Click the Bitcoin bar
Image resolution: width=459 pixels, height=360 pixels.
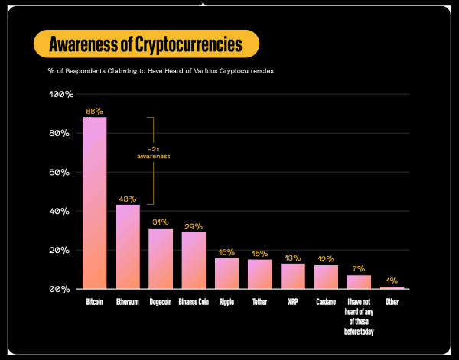94,203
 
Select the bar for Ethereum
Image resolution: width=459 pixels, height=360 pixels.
128,247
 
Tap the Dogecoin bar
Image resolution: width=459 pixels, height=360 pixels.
161,258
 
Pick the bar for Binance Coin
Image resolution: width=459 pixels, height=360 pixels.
194,261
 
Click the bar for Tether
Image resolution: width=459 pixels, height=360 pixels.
260,274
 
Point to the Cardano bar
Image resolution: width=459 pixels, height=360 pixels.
326,277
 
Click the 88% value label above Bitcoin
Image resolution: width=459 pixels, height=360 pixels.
94,111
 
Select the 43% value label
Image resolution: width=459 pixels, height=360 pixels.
128,199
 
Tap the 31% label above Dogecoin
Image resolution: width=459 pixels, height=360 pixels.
161,222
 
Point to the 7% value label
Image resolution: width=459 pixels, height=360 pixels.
359,269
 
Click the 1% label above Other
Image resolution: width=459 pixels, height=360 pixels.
392,281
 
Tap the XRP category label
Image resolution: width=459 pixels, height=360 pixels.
293,303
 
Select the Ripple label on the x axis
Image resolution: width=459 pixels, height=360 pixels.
226,303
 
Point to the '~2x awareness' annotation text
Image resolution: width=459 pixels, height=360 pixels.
153,152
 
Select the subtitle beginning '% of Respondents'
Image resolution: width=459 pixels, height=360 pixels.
161,70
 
